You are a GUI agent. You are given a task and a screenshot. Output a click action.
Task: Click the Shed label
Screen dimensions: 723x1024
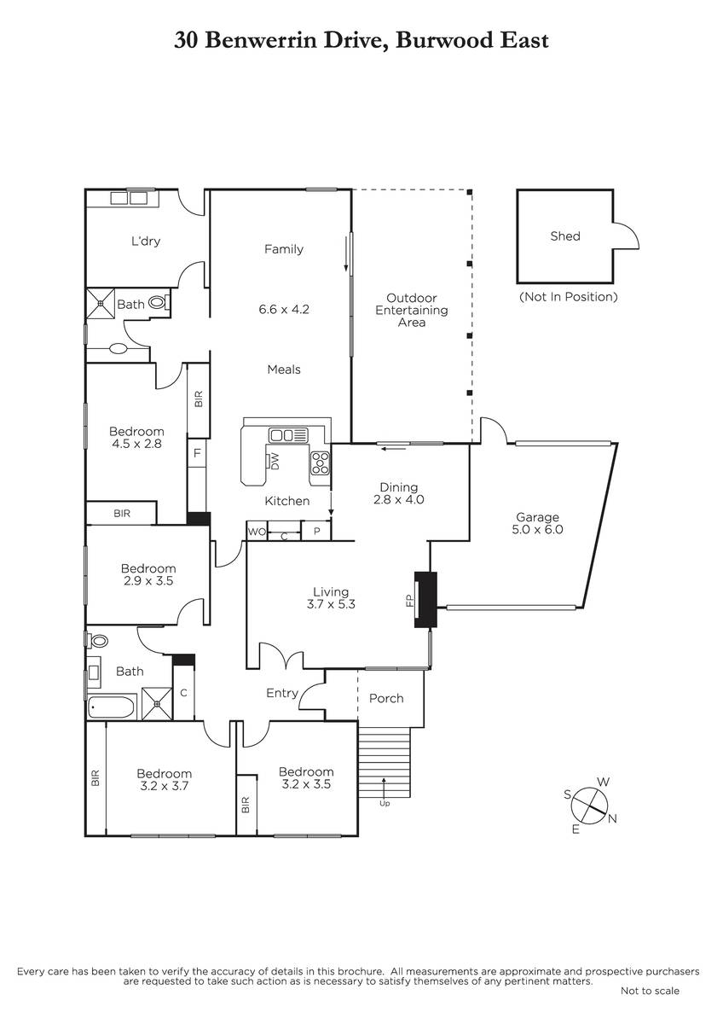[565, 236]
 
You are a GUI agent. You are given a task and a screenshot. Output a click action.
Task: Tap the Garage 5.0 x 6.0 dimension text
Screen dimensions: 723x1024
[537, 529]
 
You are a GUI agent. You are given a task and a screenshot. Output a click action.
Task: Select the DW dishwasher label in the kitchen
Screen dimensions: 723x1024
[275, 461]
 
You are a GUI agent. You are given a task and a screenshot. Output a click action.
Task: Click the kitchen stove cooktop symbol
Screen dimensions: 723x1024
[320, 463]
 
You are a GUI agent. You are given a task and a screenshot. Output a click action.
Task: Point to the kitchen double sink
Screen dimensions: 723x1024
[288, 434]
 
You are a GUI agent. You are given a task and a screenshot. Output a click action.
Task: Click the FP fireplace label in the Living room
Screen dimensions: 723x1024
[409, 600]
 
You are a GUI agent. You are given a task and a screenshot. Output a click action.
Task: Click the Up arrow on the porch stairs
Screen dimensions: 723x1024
[384, 791]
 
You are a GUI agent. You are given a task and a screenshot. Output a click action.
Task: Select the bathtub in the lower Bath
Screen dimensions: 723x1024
[112, 708]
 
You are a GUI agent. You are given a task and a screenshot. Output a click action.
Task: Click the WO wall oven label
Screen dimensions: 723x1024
[257, 532]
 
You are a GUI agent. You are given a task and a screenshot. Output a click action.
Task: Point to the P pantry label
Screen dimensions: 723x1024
[316, 532]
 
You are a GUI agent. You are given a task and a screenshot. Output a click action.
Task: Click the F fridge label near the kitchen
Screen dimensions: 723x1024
[197, 453]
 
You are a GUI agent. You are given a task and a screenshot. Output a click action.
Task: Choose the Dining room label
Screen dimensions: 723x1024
[399, 487]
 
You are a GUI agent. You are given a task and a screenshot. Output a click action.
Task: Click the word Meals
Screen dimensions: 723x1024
[284, 369]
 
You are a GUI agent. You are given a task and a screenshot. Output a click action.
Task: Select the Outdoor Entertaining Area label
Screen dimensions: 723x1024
[412, 310]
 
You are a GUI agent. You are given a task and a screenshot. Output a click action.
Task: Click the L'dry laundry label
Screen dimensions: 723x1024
[146, 241]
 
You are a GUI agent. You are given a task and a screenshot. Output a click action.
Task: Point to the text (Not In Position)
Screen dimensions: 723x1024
[568, 297]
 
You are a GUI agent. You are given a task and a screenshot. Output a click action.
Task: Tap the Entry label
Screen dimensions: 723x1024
[282, 693]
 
